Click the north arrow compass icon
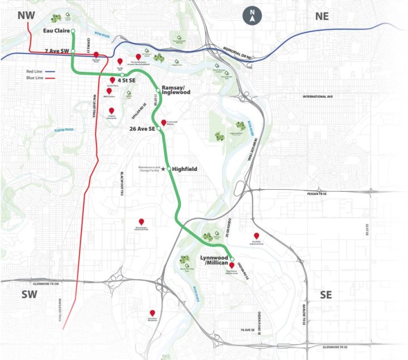[x=252, y=16]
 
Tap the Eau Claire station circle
[x=73, y=31]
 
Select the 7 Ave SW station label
[x=57, y=52]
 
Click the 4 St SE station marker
[x=122, y=75]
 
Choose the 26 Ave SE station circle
[x=159, y=129]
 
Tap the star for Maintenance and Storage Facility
[x=163, y=169]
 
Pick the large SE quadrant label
[x=326, y=295]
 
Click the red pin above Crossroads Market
[x=164, y=123]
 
